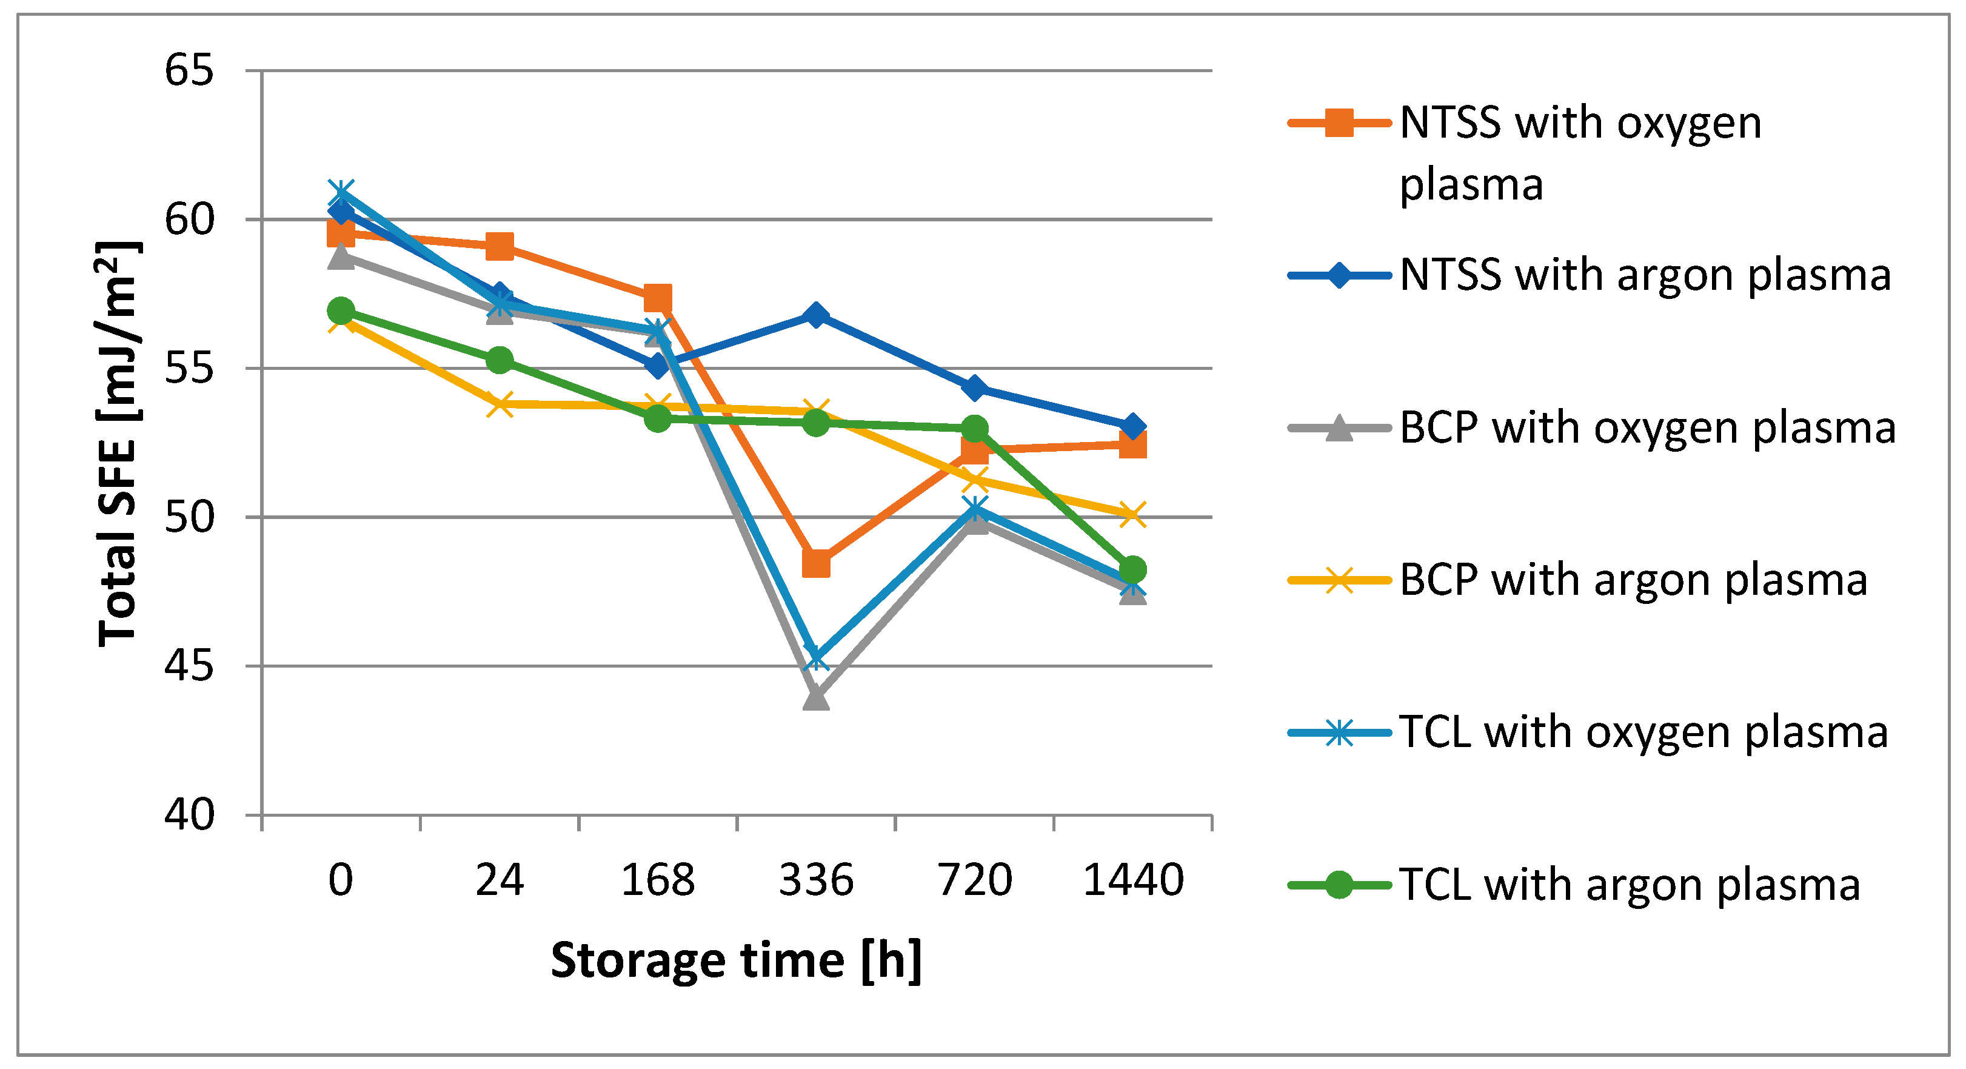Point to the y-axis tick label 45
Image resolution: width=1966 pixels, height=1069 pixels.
pos(189,666)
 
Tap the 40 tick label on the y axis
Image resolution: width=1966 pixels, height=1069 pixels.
pos(189,815)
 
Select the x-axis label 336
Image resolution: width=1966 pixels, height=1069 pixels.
pos(816,880)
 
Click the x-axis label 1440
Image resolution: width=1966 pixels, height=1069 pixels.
pos(1134,880)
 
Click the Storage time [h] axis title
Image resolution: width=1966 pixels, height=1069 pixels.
pos(737,960)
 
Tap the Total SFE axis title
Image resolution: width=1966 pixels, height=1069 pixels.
pos(118,443)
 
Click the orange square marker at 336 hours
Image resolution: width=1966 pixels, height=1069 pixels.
pos(816,565)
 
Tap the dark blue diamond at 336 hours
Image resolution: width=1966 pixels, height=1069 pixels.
pos(816,315)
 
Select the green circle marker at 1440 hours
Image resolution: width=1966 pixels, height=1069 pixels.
pos(1132,569)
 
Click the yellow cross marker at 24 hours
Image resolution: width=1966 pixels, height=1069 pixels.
pos(500,404)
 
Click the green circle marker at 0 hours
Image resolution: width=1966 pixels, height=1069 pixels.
pos(341,311)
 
